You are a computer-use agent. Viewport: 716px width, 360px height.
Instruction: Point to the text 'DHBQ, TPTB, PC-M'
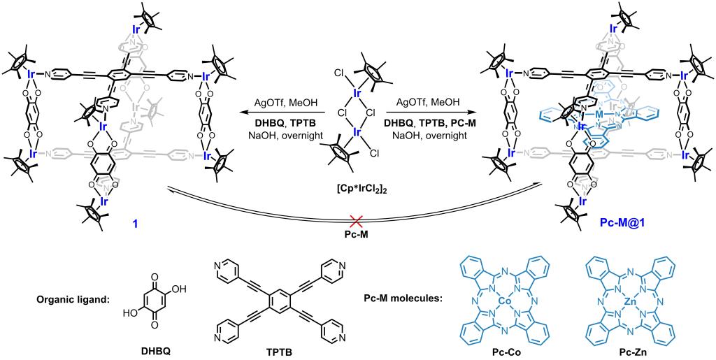[x=427, y=123]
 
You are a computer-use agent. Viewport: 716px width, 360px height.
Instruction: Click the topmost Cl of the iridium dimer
[x=338, y=71]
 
